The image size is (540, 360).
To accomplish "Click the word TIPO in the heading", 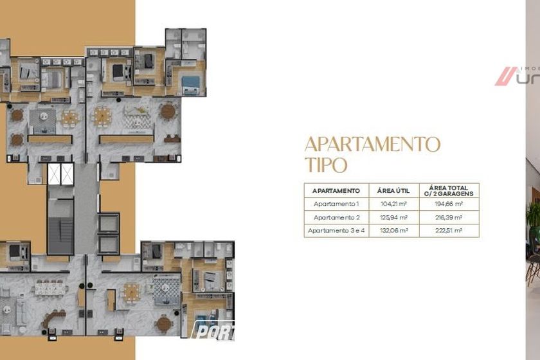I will (x=326, y=165).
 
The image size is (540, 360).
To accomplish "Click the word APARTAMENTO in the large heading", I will (x=372, y=143).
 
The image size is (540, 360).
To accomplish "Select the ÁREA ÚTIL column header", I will (x=393, y=191).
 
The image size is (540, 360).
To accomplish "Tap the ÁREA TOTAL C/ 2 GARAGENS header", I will (x=449, y=190).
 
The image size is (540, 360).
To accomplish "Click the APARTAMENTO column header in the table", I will (x=336, y=191).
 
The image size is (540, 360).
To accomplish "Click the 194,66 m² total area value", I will (x=449, y=204).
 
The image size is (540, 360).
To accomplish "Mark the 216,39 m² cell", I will (x=449, y=217).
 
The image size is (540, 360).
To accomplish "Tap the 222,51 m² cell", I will (x=449, y=230).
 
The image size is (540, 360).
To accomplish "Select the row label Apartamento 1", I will (x=336, y=204).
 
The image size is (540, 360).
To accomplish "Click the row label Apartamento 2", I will (x=336, y=217).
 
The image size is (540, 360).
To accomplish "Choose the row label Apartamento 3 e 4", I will (x=336, y=230).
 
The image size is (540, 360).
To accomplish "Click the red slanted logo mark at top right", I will (x=505, y=76).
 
